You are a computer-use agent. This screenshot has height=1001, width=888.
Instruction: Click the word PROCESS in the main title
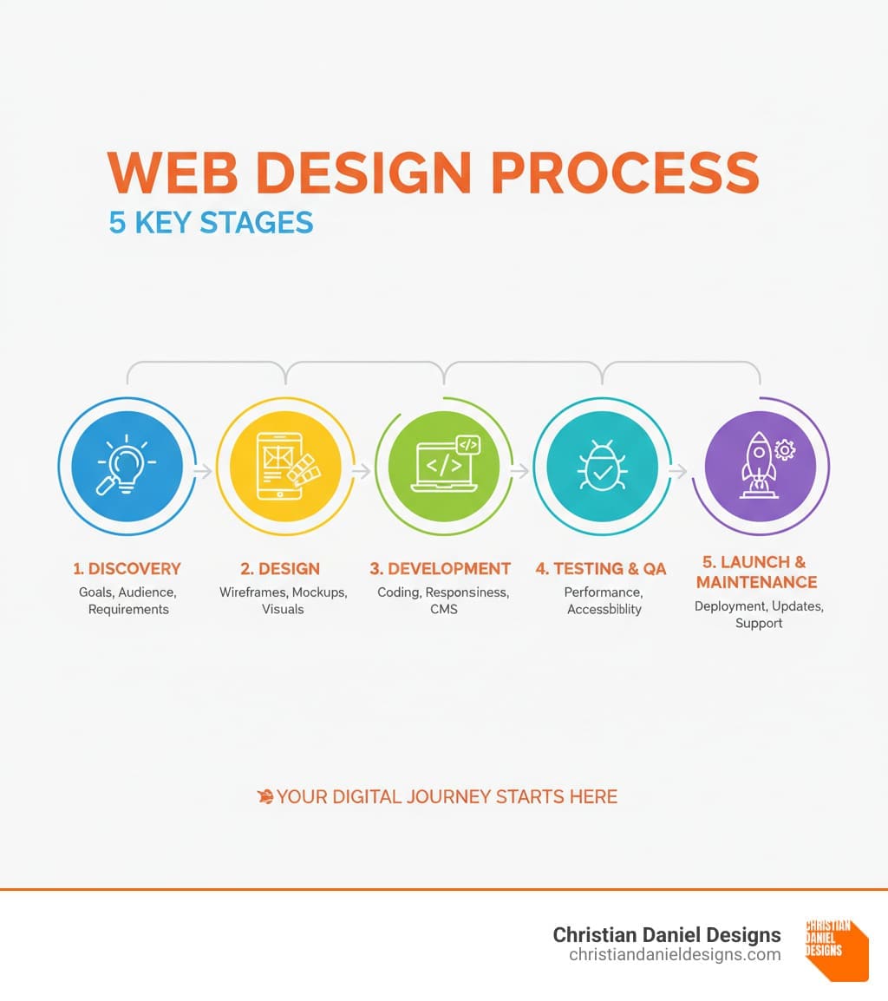pos(625,173)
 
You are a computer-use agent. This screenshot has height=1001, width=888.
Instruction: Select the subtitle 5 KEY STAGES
pos(211,223)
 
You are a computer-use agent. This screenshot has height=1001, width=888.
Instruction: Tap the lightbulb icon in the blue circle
pos(127,465)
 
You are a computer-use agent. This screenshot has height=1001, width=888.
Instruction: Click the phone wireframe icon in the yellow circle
pos(287,466)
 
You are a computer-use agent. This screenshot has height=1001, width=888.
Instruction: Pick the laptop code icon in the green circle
pos(446,463)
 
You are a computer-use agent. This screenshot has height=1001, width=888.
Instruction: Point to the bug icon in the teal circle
pos(602,466)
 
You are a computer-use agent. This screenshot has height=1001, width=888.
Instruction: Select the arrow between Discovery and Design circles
pos(204,471)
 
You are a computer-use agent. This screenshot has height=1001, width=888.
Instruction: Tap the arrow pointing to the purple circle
pos(679,471)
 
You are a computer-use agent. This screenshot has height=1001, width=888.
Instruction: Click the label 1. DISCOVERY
pos(127,568)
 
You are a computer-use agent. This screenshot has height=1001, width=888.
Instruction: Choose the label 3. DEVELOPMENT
pos(440,568)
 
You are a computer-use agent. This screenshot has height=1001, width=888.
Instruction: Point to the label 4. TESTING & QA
pos(601,568)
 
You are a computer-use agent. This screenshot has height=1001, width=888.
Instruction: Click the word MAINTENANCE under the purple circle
pos(756,581)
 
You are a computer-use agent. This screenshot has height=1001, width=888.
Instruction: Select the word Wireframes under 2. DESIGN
pos(253,592)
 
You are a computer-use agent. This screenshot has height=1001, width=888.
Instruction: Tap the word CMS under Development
pos(444,609)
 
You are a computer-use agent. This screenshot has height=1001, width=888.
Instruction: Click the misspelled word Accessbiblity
pos(604,610)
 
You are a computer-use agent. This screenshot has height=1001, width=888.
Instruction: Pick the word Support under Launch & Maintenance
pos(759,624)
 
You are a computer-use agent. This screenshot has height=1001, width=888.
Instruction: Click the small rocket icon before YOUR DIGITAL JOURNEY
pos(265,796)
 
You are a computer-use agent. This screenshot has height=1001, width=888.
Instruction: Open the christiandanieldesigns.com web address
pos(675,954)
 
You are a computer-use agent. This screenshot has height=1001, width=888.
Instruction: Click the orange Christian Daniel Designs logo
pos(836,950)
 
